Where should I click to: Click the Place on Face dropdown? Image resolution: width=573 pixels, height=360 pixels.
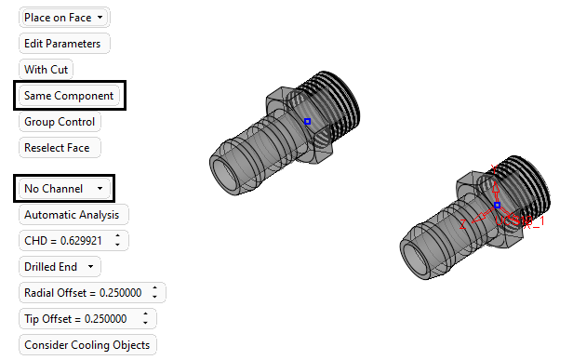64,17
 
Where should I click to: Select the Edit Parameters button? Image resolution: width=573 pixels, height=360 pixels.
64,44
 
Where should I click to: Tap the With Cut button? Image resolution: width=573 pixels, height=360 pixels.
47,70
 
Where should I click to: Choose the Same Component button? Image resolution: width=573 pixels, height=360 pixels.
69,96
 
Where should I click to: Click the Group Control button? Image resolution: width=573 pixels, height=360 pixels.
60,122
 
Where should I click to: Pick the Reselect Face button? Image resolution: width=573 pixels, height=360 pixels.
60,148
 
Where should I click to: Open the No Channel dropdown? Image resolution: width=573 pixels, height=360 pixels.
64,189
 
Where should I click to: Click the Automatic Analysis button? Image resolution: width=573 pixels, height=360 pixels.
73,215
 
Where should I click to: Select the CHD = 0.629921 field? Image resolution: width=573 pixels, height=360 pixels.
73,241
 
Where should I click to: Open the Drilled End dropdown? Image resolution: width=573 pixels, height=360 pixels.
60,267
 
